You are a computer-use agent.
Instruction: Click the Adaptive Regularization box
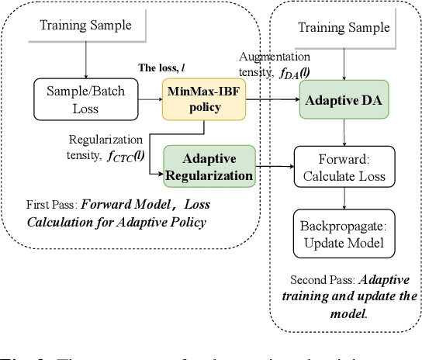click(x=209, y=166)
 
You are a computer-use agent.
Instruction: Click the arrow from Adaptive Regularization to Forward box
click(x=275, y=166)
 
